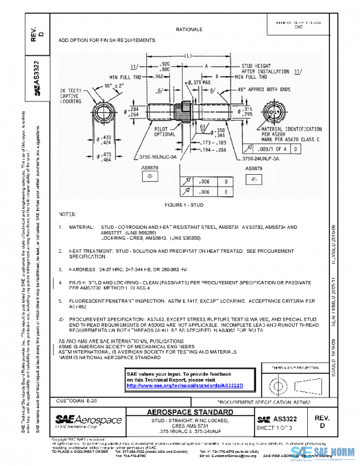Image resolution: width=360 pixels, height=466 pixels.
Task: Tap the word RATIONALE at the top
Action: pyautogui.click(x=188, y=29)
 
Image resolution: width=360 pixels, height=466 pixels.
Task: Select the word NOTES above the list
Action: pyautogui.click(x=68, y=214)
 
